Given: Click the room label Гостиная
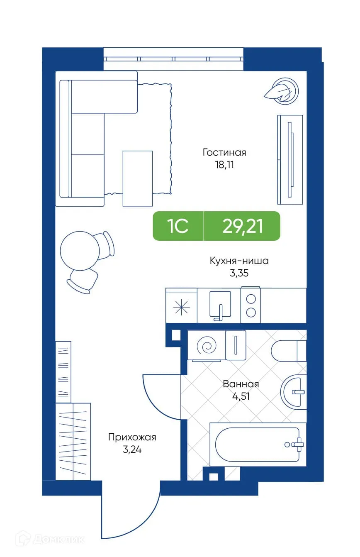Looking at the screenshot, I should click(x=224, y=152).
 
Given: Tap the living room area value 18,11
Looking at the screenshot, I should click(x=224, y=165).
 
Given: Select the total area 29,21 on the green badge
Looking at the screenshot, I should click(x=242, y=226).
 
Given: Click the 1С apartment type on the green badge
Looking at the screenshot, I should click(x=178, y=226).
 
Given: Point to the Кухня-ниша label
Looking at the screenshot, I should click(x=239, y=261).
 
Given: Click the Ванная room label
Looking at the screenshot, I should click(x=241, y=384).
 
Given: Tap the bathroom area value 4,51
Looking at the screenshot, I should click(x=241, y=396).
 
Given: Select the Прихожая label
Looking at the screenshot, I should click(x=132, y=437).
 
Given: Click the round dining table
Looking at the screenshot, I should click(x=80, y=251).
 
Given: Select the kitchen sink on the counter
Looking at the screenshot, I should click(x=220, y=305).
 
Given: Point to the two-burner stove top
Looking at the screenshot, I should click(x=251, y=305).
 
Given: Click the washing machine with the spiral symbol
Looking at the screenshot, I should click(x=206, y=345).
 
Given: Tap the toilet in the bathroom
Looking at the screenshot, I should click(x=289, y=351).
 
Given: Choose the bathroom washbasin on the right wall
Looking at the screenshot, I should click(x=293, y=391).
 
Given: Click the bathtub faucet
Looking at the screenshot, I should click(x=297, y=445).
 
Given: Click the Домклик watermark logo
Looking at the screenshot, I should click(x=50, y=539).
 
